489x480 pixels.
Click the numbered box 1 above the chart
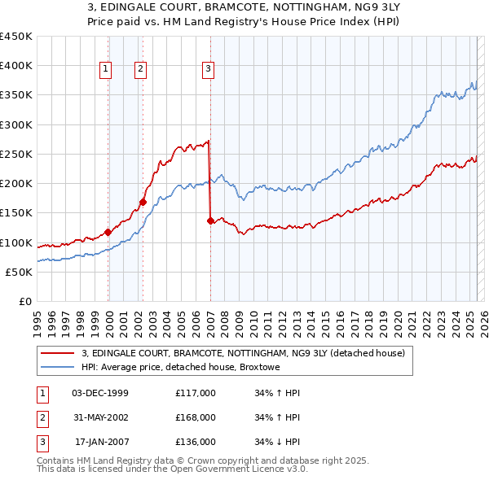tap(106, 70)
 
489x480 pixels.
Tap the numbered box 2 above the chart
tap(140, 70)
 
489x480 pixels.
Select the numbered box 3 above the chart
tap(209, 70)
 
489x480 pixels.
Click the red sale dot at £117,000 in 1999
tap(108, 232)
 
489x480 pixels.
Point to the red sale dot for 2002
tap(143, 202)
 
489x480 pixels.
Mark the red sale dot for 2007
tap(210, 220)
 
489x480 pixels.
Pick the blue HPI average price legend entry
tap(180, 367)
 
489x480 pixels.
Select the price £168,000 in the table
tap(196, 417)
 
